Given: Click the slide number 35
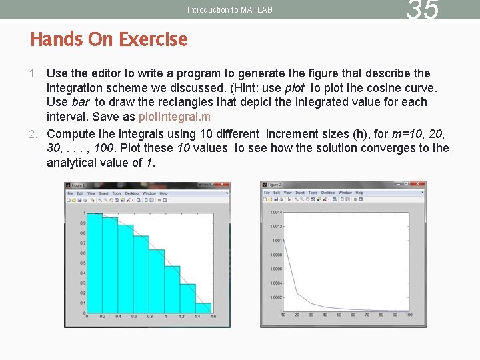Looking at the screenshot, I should coord(423,11).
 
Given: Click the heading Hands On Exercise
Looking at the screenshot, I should coord(109,39).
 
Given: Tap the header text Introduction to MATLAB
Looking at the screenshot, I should coord(229,10).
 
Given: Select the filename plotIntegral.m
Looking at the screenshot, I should coord(174,117).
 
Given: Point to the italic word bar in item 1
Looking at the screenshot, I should coord(80,102).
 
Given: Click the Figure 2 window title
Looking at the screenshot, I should coord(275,185).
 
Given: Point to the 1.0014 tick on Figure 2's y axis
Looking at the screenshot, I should coord(276,213).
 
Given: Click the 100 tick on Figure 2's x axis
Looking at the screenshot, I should coord(409,315).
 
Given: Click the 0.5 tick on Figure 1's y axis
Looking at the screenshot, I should coord(83,263).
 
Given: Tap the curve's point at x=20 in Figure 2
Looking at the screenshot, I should coord(297,294).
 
